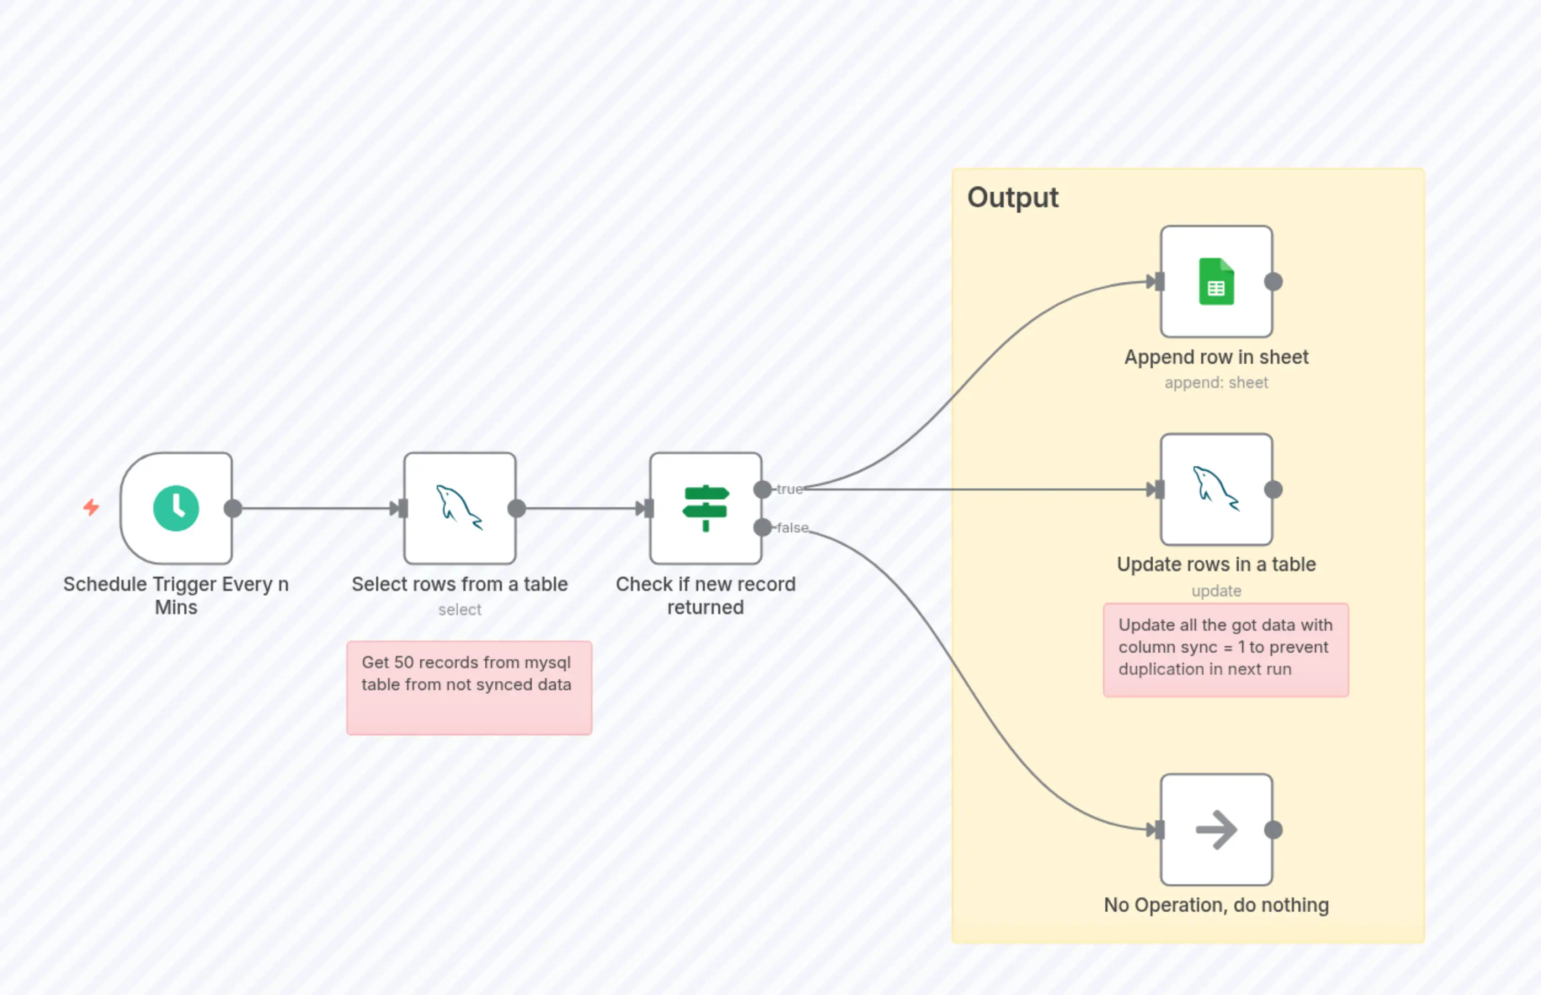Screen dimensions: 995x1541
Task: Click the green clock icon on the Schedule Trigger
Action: click(176, 508)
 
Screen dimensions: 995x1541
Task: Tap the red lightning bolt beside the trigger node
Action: click(91, 507)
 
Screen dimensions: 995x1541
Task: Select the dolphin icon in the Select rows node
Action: click(459, 508)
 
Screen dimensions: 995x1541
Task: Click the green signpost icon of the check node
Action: click(705, 508)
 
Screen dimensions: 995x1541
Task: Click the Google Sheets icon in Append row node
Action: click(1216, 282)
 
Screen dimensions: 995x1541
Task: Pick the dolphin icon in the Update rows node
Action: click(1215, 489)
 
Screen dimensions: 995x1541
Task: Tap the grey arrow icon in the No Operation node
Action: click(1216, 830)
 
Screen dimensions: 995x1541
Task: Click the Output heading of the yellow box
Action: click(1012, 197)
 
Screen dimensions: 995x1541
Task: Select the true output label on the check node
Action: click(789, 489)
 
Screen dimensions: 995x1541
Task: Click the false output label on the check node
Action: click(793, 528)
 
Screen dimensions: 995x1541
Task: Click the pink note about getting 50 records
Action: click(469, 687)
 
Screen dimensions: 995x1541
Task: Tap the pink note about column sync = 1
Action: click(1225, 649)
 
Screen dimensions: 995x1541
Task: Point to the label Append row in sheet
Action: click(1216, 357)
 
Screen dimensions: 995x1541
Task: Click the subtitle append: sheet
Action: click(1216, 383)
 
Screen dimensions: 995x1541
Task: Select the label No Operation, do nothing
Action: click(1216, 905)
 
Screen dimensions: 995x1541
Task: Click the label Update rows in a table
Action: click(1216, 564)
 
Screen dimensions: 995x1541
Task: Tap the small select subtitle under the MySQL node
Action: click(459, 609)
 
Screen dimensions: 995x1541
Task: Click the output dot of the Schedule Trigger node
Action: click(233, 508)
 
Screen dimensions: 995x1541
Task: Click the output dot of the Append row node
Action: click(1273, 282)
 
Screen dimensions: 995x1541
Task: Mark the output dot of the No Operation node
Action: click(1273, 830)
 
